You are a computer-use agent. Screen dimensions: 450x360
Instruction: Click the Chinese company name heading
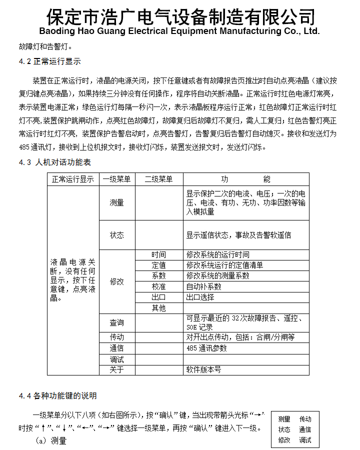point(180,16)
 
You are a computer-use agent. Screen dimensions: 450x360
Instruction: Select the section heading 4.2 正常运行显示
point(49,61)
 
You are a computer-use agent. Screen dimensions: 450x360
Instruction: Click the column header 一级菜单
point(116,179)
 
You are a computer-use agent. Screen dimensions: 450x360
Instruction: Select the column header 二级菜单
point(158,179)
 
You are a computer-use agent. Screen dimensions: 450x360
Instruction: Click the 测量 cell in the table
point(117,202)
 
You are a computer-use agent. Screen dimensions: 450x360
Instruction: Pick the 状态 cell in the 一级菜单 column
point(117,234)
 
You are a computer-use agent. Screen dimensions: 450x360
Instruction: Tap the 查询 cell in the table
point(117,323)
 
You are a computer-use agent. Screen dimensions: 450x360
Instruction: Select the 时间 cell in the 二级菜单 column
point(158,255)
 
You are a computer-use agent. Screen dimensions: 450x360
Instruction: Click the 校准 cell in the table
point(158,286)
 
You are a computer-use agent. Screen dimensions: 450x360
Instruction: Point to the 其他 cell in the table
point(158,308)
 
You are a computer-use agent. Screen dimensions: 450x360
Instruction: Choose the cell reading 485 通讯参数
point(206,348)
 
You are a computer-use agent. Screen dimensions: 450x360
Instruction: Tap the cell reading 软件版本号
point(203,369)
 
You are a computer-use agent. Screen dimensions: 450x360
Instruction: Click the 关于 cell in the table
point(117,369)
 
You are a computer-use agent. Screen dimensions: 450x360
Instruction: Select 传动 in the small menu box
point(305,419)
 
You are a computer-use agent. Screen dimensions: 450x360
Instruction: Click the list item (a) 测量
point(51,440)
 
